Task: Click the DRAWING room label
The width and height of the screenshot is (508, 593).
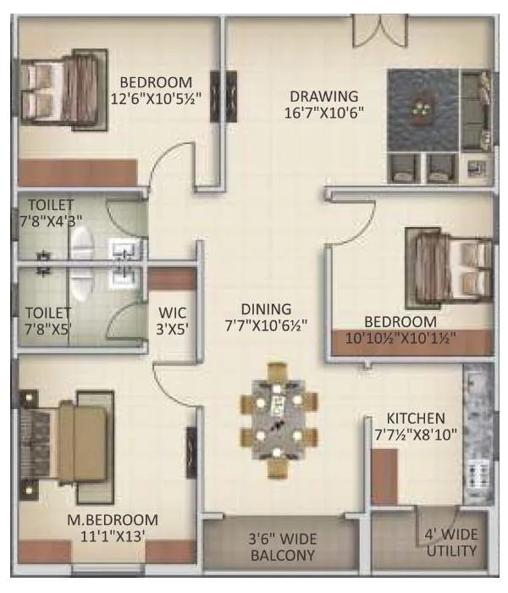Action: (323, 96)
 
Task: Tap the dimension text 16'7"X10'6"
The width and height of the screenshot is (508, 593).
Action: (323, 112)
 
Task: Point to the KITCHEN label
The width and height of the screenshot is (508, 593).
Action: (415, 418)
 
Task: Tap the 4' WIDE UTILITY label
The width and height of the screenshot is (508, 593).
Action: (450, 543)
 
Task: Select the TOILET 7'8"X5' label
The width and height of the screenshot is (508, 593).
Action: (51, 319)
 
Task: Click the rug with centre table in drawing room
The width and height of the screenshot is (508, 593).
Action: (421, 109)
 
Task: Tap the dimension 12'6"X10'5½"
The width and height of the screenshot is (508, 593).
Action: (155, 98)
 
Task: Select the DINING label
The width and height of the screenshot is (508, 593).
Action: (266, 309)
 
